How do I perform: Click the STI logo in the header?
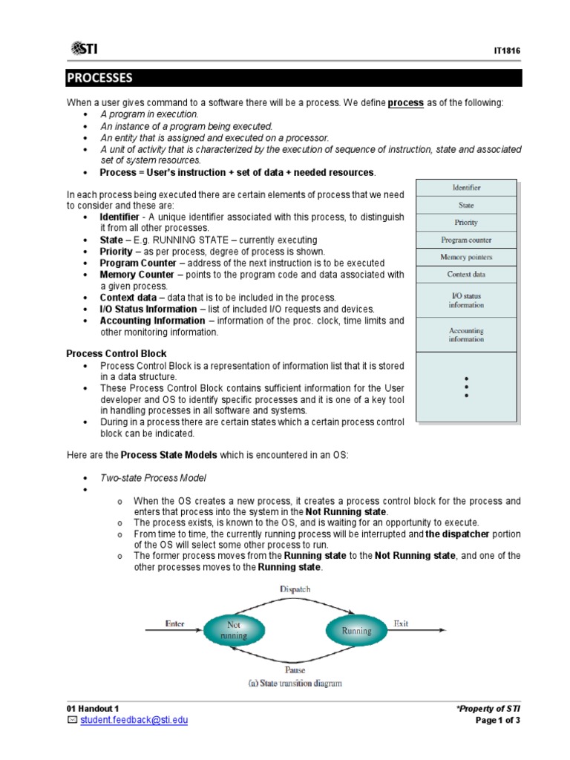(84, 49)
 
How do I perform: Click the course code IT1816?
(508, 50)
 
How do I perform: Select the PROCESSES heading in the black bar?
(100, 78)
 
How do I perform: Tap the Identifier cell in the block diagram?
(466, 188)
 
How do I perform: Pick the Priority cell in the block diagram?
(466, 222)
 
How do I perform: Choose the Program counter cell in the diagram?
(466, 240)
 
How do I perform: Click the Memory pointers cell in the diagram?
(466, 257)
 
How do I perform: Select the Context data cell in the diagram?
(466, 274)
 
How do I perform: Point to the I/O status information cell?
(466, 300)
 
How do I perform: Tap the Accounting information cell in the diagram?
(466, 335)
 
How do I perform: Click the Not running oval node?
(233, 631)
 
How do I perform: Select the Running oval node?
(356, 631)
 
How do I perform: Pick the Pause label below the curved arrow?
(295, 669)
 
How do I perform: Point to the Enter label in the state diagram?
(174, 623)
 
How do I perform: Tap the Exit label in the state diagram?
(401, 623)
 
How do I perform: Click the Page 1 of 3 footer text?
(499, 721)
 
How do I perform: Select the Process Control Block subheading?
(117, 353)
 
